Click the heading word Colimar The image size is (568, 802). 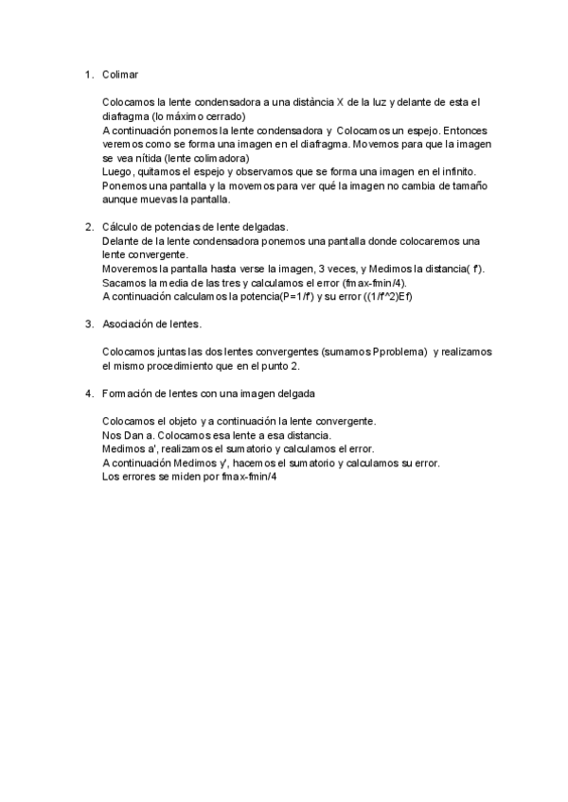[x=121, y=75]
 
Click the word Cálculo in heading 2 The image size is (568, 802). [x=119, y=228]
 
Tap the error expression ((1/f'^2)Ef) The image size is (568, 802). [x=383, y=298]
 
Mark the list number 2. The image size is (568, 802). [x=88, y=228]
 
